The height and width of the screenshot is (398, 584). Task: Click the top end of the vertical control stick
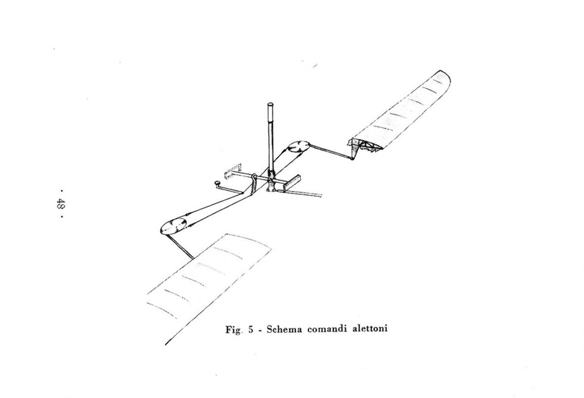coord(271,104)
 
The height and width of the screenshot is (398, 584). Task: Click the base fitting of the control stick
coord(272,182)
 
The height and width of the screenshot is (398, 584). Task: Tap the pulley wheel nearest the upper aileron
coord(299,146)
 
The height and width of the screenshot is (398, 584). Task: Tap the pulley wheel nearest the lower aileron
coord(173,226)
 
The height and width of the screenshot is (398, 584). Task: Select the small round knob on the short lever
coord(217,184)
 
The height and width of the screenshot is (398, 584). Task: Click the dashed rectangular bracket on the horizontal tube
coord(233,171)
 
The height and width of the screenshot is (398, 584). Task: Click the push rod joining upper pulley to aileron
coord(330,152)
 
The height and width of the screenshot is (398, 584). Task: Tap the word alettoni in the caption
coord(370,328)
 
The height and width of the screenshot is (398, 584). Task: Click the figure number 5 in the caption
coord(251,329)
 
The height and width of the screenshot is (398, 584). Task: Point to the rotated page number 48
coord(60,203)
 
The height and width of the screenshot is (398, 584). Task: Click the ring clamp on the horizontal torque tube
coord(254,180)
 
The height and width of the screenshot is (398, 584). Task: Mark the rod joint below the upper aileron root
coord(352,158)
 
